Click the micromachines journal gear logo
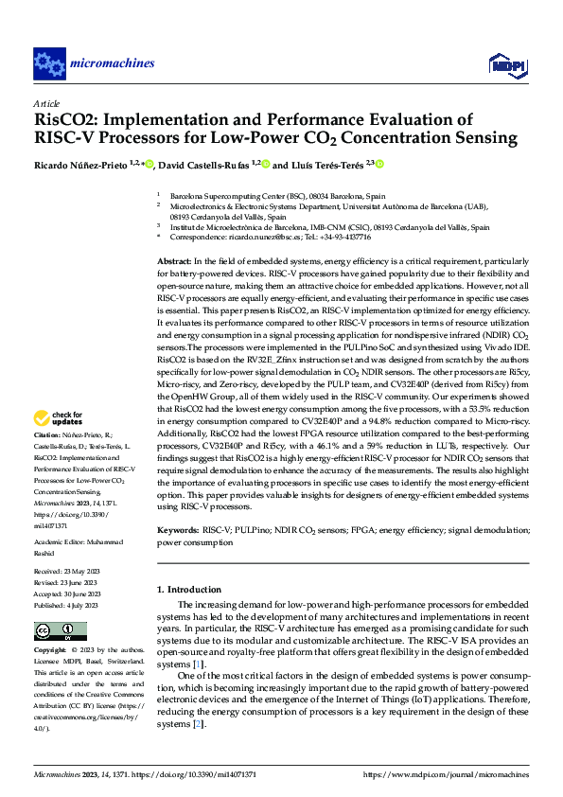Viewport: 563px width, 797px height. point(49,63)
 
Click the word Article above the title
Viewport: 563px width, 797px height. point(45,103)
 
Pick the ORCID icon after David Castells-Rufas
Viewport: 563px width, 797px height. point(266,164)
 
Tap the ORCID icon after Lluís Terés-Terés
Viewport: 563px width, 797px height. point(380,164)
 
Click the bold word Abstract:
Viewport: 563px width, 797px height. point(174,260)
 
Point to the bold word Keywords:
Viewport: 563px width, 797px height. point(178,533)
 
